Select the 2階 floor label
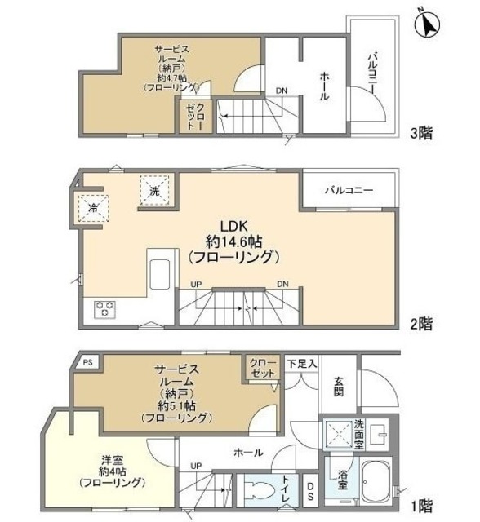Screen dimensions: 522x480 click(x=421, y=324)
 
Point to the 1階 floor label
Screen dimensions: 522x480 click(x=421, y=504)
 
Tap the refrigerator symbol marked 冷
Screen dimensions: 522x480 click(x=93, y=207)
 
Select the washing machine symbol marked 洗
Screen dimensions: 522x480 click(x=153, y=191)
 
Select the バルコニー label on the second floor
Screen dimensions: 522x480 click(x=349, y=190)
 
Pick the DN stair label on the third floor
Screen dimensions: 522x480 click(x=280, y=91)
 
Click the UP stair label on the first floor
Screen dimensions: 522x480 click(x=196, y=465)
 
